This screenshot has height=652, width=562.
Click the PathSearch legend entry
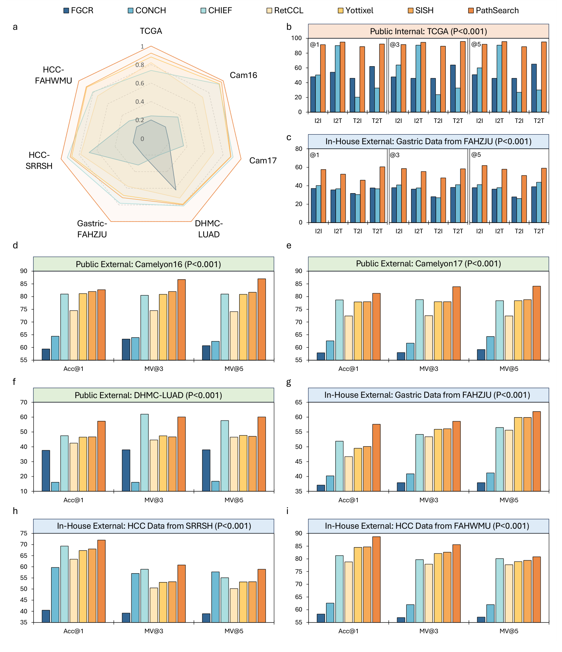[x=496, y=10]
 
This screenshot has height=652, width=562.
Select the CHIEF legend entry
[x=220, y=10]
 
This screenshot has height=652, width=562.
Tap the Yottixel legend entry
[x=359, y=10]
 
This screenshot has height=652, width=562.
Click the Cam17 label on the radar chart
[x=263, y=160]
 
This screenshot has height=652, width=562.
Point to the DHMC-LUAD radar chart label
[x=209, y=229]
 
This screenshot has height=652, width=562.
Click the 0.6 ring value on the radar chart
[x=140, y=84]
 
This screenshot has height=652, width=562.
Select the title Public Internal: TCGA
[x=428, y=31]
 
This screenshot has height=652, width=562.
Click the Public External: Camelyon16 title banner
[x=153, y=264]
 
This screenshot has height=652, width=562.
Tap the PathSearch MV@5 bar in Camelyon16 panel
[x=262, y=319]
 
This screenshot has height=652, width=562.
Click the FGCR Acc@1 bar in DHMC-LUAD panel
[x=46, y=471]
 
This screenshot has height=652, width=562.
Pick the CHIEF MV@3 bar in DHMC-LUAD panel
[x=145, y=453]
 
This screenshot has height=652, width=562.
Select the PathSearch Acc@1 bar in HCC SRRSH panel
[x=101, y=581]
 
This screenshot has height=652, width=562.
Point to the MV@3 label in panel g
[x=429, y=500]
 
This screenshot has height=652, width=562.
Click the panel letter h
[x=15, y=511]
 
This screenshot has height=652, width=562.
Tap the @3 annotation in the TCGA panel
[x=395, y=45]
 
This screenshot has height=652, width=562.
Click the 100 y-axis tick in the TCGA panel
[x=296, y=38]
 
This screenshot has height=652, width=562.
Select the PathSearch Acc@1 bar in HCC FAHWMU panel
[x=376, y=580]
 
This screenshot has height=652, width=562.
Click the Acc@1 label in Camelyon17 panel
[x=348, y=369]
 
